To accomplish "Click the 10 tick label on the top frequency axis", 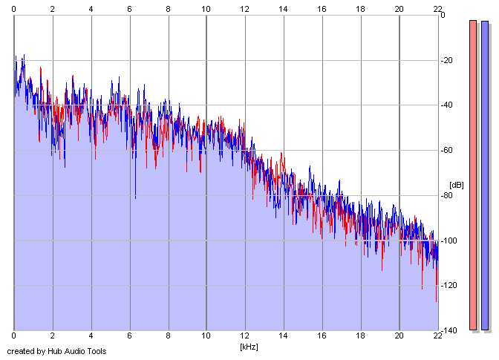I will pyautogui.click(x=206, y=7).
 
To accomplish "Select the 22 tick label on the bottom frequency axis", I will pyautogui.click(x=437, y=336).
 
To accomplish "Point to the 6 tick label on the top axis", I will pyautogui.click(x=129, y=7).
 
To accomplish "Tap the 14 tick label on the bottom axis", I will pyautogui.click(x=283, y=336).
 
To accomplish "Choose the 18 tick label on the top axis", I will pyautogui.click(x=360, y=7).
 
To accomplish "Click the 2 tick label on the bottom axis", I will pyautogui.click(x=52, y=336).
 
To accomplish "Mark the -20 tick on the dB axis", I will pyautogui.click(x=449, y=60).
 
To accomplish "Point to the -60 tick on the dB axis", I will pyautogui.click(x=449, y=151).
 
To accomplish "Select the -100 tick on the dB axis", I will pyautogui.click(x=451, y=241).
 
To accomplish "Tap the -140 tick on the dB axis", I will pyautogui.click(x=451, y=330).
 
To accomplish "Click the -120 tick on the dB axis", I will pyautogui.click(x=451, y=286).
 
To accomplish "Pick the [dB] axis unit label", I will pyautogui.click(x=456, y=185).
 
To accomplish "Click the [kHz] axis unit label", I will pyautogui.click(x=247, y=347).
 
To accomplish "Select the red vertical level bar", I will pyautogui.click(x=473, y=175).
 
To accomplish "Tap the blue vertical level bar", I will pyautogui.click(x=485, y=175).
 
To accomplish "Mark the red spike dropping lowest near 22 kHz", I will pyautogui.click(x=436, y=300).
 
